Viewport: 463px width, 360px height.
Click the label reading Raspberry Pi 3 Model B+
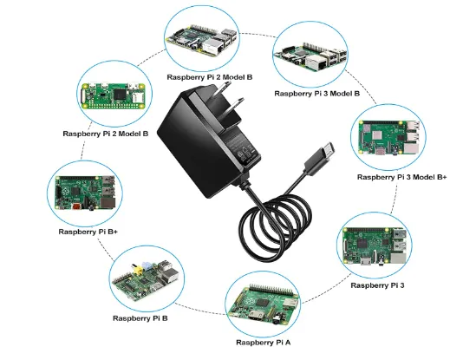pyautogui.click(x=401, y=177)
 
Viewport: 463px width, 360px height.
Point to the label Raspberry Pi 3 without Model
pyautogui.click(x=378, y=285)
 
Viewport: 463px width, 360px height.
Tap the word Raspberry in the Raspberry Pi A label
pyautogui.click(x=253, y=343)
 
